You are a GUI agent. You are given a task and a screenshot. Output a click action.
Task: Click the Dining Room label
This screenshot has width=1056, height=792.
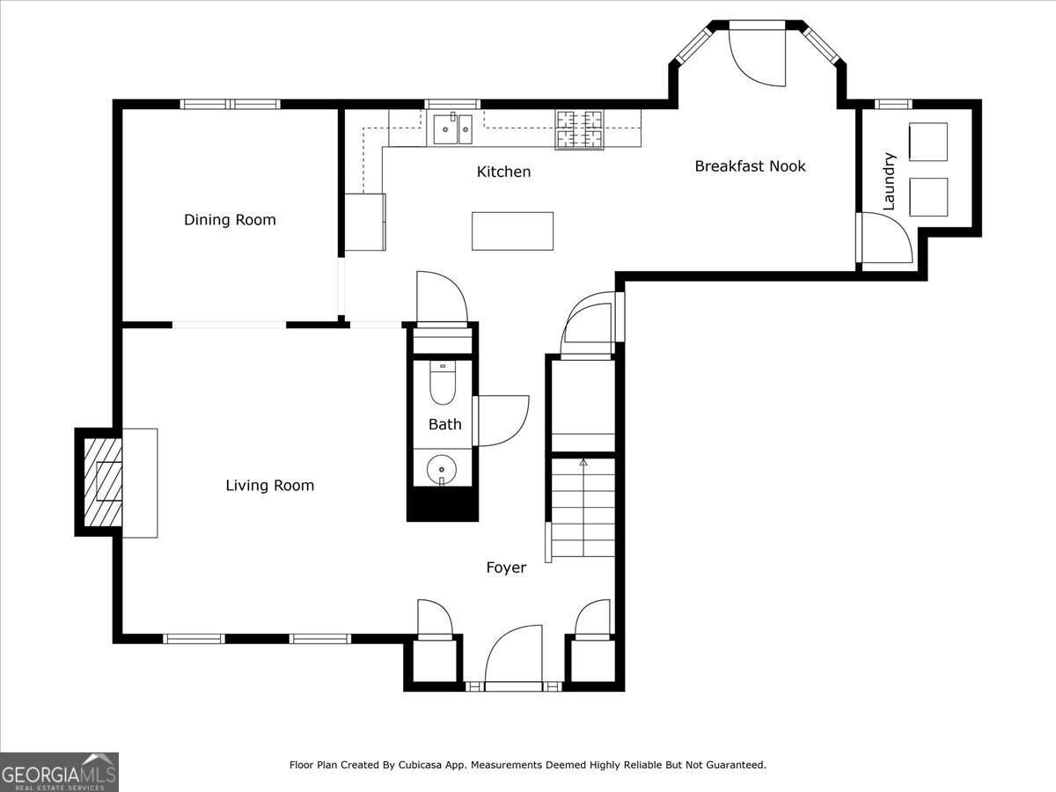click(230, 220)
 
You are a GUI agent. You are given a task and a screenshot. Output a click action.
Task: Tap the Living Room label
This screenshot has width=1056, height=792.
click(269, 486)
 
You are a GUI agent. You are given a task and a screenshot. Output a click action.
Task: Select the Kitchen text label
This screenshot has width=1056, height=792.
click(503, 172)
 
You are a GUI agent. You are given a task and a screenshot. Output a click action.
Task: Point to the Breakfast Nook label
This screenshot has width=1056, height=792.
click(750, 166)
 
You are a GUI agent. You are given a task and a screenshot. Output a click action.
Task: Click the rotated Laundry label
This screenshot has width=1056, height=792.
click(889, 181)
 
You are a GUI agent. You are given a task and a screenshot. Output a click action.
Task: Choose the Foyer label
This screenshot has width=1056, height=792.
click(506, 568)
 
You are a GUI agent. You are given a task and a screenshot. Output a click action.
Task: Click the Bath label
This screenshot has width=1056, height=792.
click(444, 424)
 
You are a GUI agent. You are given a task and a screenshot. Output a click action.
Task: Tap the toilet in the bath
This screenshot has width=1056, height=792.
click(443, 382)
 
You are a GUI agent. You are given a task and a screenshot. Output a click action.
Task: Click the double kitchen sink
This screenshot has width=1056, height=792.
click(453, 128)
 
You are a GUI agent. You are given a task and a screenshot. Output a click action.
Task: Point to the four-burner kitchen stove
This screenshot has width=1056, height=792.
click(579, 128)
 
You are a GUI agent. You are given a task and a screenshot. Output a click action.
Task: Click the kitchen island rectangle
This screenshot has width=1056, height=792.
click(512, 231)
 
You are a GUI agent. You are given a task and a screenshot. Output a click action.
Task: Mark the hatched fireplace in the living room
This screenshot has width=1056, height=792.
click(103, 482)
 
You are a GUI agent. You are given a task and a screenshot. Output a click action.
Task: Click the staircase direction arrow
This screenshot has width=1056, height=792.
click(583, 463)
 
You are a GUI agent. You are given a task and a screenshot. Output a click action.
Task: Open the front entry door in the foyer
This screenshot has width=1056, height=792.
click(514, 656)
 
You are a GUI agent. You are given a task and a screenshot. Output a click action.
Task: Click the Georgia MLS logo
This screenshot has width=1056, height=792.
click(59, 772)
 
